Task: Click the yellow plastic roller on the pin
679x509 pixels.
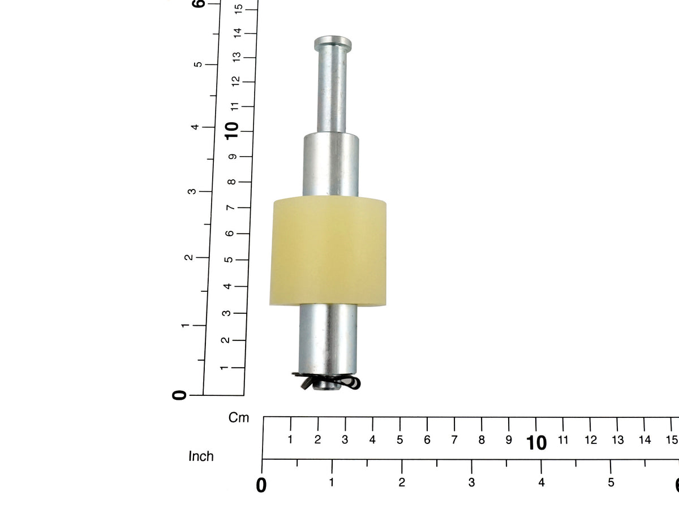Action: [328, 251]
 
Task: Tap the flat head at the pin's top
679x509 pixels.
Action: [333, 44]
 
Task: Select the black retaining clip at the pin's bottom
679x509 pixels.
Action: [326, 382]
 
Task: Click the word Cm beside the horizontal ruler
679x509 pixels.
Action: [239, 417]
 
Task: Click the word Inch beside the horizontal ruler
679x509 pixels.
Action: [201, 456]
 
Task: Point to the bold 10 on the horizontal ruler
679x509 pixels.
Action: [536, 443]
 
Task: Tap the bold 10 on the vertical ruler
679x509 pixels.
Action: [232, 131]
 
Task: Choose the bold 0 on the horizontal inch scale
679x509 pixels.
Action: [261, 485]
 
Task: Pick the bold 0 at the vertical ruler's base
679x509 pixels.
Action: [179, 395]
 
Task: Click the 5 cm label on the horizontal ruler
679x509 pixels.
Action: [399, 440]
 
